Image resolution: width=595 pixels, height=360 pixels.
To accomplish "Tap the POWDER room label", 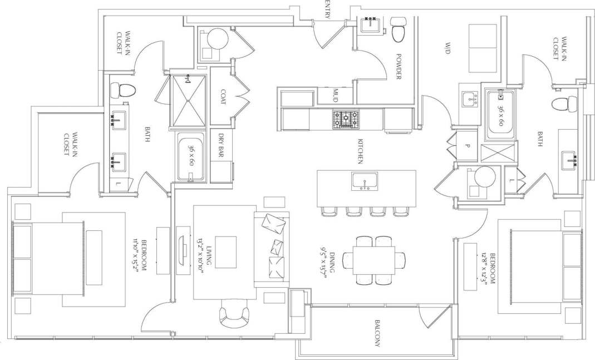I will coord(399,66).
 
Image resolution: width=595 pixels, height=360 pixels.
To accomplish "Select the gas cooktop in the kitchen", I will coord(346,119).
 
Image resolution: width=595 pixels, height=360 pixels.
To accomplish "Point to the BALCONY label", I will coord(377,334).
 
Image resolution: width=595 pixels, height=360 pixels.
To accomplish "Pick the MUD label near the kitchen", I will coord(336,95).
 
